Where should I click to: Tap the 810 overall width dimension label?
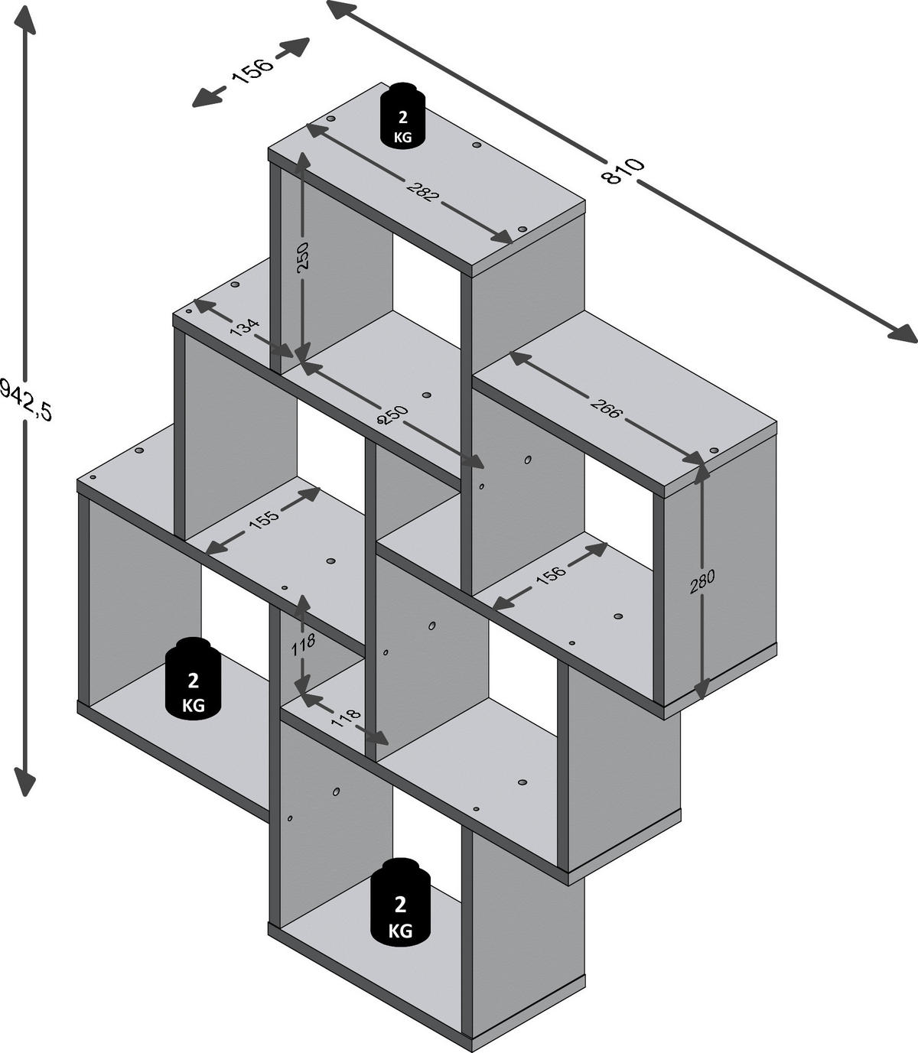[623, 171]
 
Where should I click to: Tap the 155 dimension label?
[263, 519]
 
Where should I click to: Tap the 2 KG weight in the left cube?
[194, 678]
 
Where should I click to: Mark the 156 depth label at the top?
[251, 72]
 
